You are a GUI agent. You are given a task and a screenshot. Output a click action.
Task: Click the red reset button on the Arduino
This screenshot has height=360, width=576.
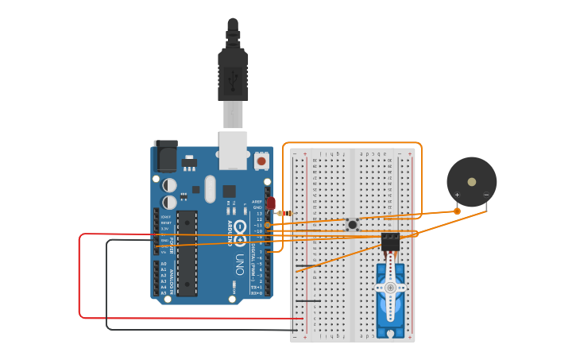pos(261,161)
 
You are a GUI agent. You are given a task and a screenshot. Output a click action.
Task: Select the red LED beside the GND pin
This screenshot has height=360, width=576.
pos(271,203)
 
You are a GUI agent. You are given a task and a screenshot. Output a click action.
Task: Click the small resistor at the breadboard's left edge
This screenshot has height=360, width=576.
pos(284,213)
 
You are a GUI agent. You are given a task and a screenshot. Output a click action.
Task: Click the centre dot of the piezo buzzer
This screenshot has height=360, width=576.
pos(472,182)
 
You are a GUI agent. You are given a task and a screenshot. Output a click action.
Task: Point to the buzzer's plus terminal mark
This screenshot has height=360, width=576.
pos(458,195)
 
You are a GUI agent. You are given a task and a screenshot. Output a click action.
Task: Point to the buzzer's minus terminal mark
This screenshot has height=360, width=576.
pos(485,195)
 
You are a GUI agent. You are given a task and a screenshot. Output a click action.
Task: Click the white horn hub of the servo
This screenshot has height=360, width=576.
pos(390,277)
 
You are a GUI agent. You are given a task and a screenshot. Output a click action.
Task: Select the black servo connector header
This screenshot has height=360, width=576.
pos(390,241)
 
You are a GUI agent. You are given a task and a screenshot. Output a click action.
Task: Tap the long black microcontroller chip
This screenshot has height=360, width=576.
pos(187,253)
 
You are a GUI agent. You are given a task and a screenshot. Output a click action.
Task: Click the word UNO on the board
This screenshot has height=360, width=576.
pos(239,261)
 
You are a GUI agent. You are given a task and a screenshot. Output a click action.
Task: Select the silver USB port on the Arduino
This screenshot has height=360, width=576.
pos(233,150)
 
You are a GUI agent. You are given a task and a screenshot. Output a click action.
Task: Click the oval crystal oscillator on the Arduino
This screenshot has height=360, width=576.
pos(210,189)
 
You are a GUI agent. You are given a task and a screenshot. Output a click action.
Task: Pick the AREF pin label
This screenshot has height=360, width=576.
pos(257,202)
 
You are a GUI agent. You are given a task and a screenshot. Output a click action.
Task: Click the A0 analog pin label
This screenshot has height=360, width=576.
pos(164,263)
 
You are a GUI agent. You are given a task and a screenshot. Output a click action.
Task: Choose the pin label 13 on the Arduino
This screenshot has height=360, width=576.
pos(258,214)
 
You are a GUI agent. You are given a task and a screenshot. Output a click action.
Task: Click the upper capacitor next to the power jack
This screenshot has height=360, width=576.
pos(169,185)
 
